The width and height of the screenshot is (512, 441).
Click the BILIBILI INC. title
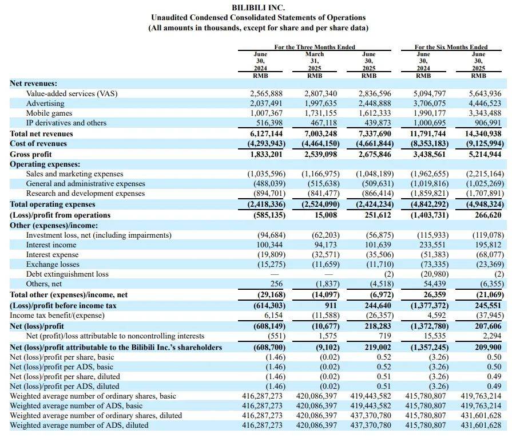tap(258, 7)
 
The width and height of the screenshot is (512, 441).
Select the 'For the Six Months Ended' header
tap(451, 47)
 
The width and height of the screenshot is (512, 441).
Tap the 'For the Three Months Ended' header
tap(315, 47)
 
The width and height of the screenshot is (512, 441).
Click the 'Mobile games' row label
tap(49, 113)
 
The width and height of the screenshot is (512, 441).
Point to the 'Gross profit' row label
tap(31, 154)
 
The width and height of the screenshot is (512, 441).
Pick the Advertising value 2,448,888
tap(375, 103)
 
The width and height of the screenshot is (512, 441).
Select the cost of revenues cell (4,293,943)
tap(266, 144)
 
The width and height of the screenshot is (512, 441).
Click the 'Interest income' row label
tap(51, 245)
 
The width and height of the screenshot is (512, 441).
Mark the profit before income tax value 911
tap(331, 306)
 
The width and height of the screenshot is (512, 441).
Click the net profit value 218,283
tap(378, 326)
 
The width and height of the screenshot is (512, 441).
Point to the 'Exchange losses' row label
tap(53, 264)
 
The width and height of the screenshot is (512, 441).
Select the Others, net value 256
tap(276, 283)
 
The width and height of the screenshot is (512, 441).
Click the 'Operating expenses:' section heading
tap(45, 164)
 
